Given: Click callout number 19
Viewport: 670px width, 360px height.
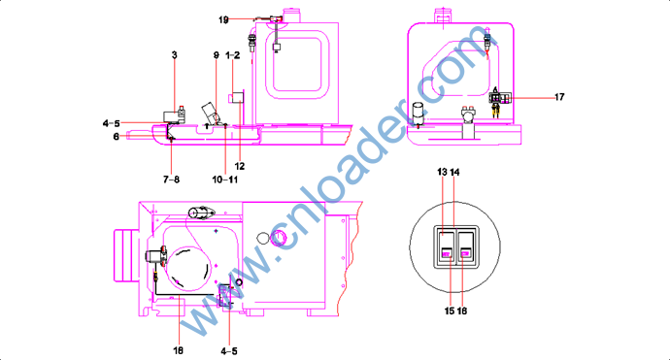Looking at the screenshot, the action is pyautogui.click(x=223, y=19).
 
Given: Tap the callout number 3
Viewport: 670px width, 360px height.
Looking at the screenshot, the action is pyautogui.click(x=175, y=55).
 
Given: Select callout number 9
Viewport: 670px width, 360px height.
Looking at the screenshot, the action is pyautogui.click(x=217, y=55).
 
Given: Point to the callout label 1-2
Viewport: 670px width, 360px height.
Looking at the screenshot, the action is pyautogui.click(x=233, y=55).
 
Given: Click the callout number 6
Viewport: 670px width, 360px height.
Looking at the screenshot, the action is pyautogui.click(x=116, y=137).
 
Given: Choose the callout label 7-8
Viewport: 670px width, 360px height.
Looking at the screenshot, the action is pyautogui.click(x=171, y=180).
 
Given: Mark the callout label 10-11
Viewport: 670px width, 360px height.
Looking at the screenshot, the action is pyautogui.click(x=225, y=180).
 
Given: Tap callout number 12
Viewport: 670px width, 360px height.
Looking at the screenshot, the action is pyautogui.click(x=240, y=166).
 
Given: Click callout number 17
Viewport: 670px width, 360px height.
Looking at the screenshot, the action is pyautogui.click(x=559, y=97).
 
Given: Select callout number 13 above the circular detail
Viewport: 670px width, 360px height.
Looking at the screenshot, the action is pyautogui.click(x=442, y=172).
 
